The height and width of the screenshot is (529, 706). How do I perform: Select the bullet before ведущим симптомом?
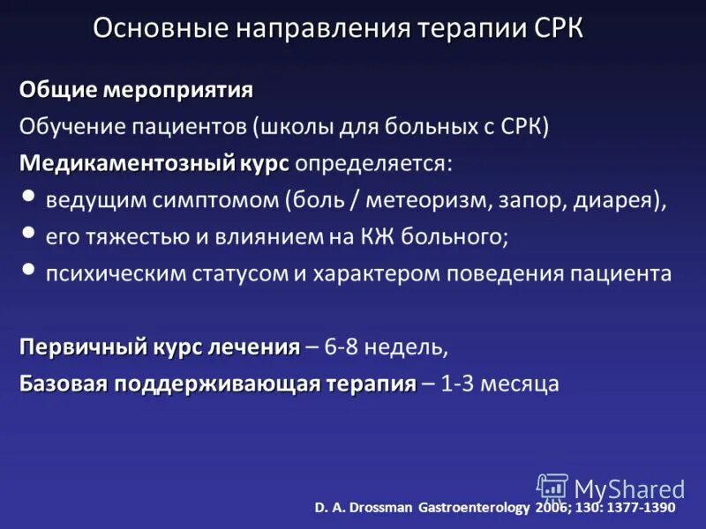click(x=30, y=197)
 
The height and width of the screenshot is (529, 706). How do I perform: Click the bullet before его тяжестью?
click(x=30, y=234)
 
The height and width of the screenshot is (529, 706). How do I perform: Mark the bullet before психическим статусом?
click(x=30, y=270)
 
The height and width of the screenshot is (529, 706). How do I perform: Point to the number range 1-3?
click(x=455, y=384)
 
